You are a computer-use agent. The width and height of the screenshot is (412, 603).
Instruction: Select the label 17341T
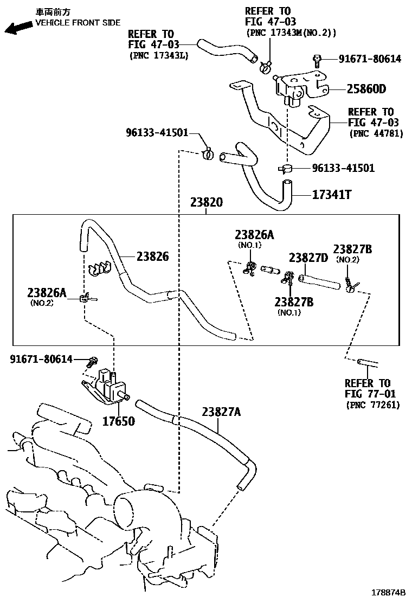click(x=331, y=194)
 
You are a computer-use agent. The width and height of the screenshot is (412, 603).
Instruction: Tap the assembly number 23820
click(x=206, y=203)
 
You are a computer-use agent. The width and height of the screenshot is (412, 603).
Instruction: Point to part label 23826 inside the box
click(x=152, y=256)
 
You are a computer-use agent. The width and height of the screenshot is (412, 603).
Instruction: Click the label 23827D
click(x=308, y=258)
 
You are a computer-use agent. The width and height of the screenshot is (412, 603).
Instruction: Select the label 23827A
click(x=221, y=412)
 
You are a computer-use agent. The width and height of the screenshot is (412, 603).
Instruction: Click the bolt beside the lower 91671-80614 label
click(x=93, y=360)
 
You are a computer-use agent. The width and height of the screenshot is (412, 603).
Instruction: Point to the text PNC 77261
click(x=372, y=405)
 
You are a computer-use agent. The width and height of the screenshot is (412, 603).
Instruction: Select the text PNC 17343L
click(x=158, y=55)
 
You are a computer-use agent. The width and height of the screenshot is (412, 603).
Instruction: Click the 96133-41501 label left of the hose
click(x=157, y=132)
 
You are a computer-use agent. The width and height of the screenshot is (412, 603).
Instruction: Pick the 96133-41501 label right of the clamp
click(x=343, y=168)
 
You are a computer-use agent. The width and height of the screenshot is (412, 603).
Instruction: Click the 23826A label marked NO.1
click(x=254, y=234)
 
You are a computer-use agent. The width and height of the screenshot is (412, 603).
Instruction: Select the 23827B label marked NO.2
click(x=352, y=249)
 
